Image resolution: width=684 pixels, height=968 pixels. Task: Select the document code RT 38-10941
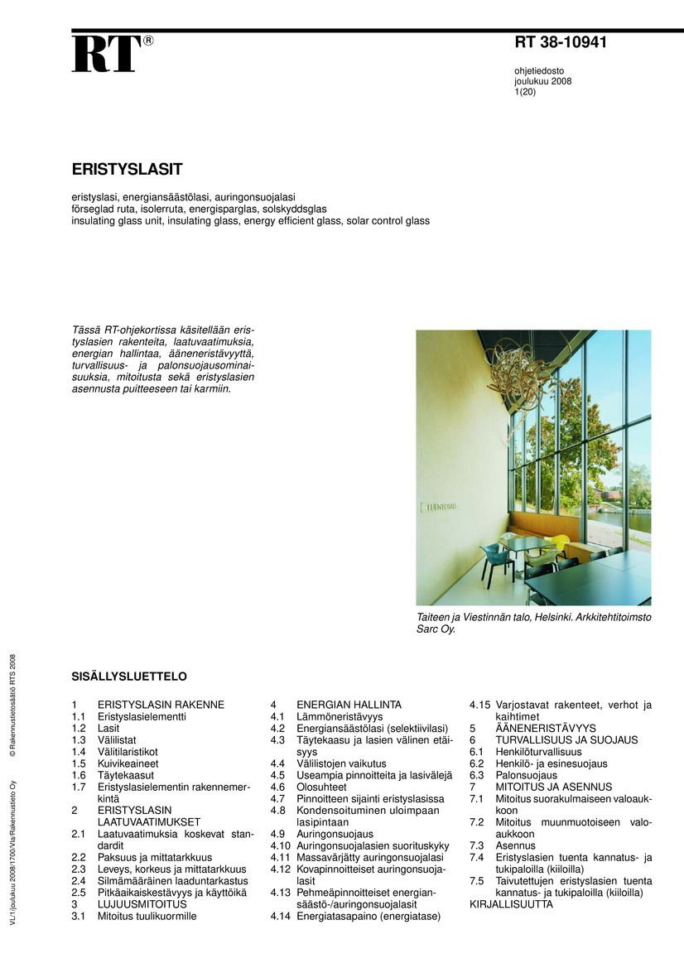click(x=561, y=43)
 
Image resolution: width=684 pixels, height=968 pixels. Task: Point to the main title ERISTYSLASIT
click(x=127, y=169)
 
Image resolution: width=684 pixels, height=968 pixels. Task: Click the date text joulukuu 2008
click(x=542, y=81)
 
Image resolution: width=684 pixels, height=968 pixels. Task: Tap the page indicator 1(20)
click(x=525, y=92)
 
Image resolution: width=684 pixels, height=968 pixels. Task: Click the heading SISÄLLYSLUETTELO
click(x=129, y=677)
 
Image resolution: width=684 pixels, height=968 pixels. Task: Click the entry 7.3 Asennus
click(x=515, y=845)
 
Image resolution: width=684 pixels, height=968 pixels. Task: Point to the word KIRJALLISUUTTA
click(x=511, y=904)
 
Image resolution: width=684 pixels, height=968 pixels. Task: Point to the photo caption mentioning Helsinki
click(x=533, y=624)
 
